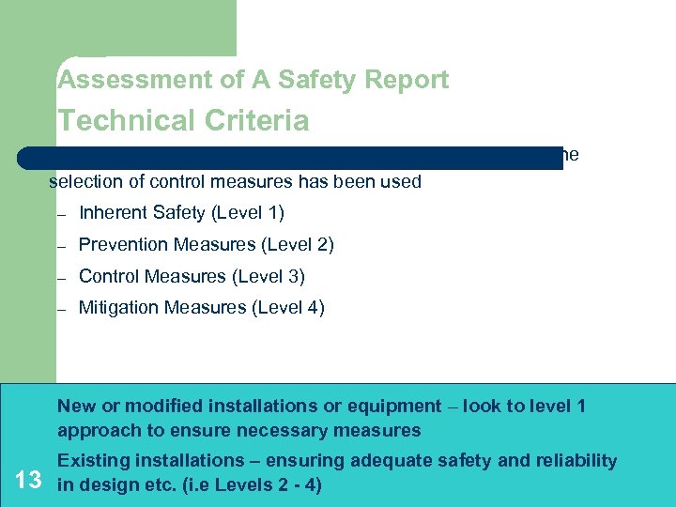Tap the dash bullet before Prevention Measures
pyautogui.click(x=60, y=246)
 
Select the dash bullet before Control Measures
pyautogui.click(x=60, y=278)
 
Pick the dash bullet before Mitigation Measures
pyautogui.click(x=60, y=309)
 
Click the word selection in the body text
pyautogui.click(x=85, y=181)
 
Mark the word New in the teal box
pyautogui.click(x=76, y=407)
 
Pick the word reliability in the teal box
pyautogui.click(x=575, y=461)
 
